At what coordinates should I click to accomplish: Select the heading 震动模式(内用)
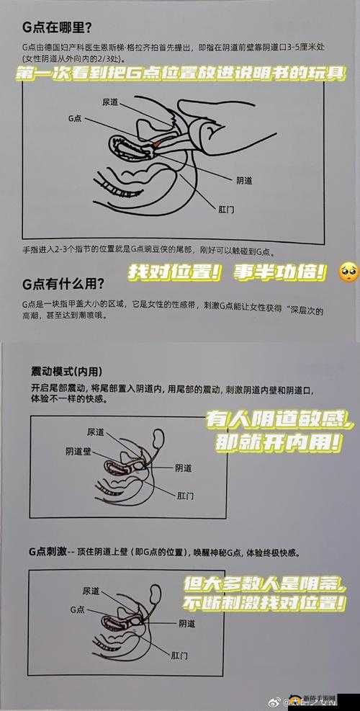coord(64,371)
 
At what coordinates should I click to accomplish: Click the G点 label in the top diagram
coord(75,118)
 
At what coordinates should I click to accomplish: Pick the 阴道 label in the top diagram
coord(243,179)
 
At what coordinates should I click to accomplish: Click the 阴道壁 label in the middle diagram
coord(77,452)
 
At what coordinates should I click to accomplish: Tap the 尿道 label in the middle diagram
coord(95,431)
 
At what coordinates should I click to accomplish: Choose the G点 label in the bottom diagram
coord(78,609)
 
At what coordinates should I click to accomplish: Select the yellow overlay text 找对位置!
coord(174,273)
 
